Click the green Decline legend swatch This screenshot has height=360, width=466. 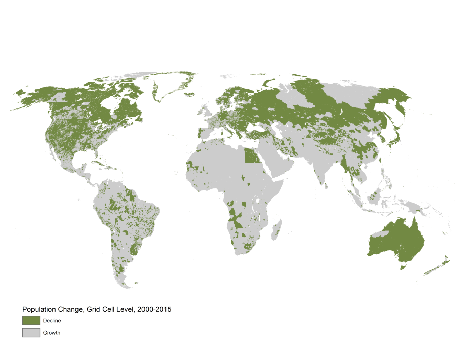[31, 320]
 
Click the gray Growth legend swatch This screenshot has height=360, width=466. [31, 333]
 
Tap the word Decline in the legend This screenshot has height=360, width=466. [52, 321]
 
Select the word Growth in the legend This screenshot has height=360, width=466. [51, 333]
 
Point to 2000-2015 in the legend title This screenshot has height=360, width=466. [154, 309]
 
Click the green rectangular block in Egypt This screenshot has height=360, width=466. [252, 156]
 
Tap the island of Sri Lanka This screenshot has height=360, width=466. [326, 186]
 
